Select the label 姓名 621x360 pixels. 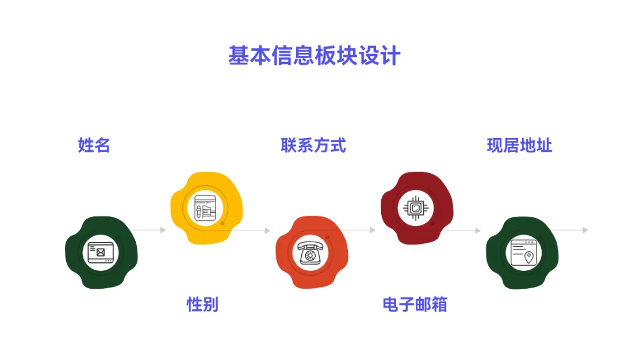(94, 145)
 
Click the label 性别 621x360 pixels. (202, 304)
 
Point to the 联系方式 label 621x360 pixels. (313, 145)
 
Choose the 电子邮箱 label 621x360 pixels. (415, 304)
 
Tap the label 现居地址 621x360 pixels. (519, 145)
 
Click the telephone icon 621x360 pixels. (311, 252)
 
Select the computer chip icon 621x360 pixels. (415, 207)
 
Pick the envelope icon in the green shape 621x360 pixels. (101, 252)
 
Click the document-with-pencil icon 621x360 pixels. (205, 208)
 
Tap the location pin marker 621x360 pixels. (529, 257)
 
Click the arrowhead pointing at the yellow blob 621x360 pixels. (163, 230)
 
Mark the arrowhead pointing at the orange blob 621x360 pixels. (267, 231)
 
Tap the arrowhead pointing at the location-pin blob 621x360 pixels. (478, 231)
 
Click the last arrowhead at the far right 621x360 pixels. (585, 230)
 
